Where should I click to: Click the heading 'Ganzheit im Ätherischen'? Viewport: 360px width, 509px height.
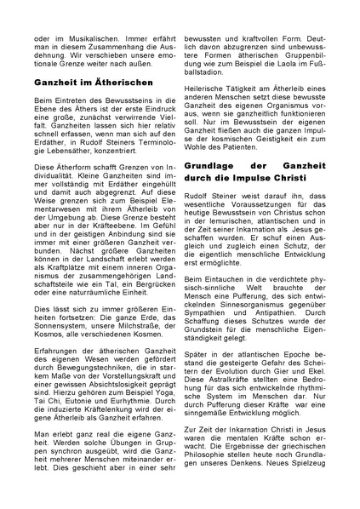pyautogui.click(x=94, y=83)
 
